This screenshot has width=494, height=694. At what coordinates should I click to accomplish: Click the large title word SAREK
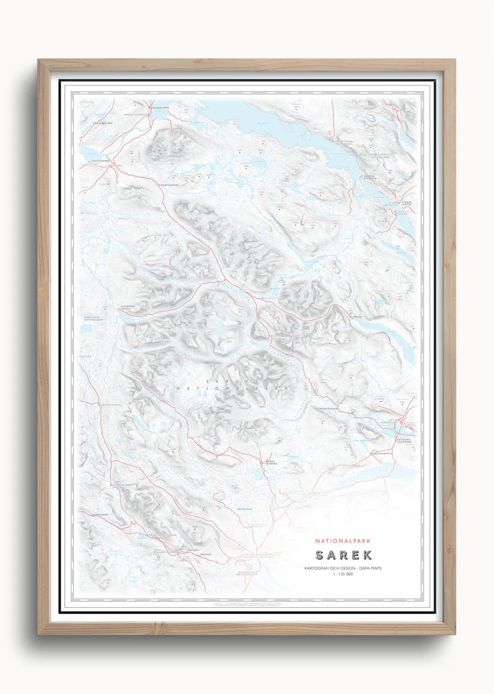pyautogui.click(x=343, y=555)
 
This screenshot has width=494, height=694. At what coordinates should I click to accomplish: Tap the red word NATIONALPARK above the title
pyautogui.click(x=343, y=540)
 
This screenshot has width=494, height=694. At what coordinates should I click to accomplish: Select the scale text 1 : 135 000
pyautogui.click(x=343, y=575)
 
